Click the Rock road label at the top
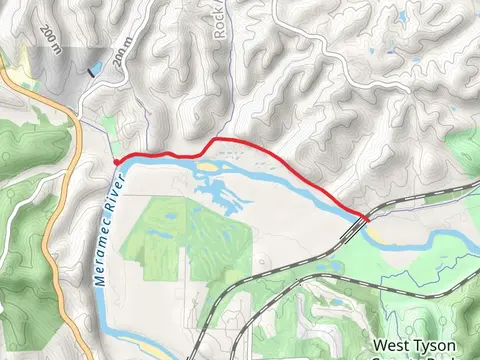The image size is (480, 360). (222, 24)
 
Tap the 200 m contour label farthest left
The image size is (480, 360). (50, 40)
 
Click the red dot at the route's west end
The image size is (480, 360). (117, 161)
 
